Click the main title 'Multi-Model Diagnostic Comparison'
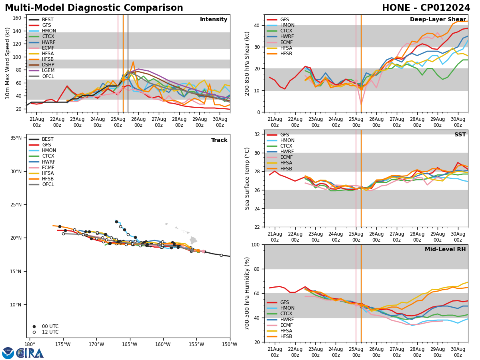[x=94, y=8]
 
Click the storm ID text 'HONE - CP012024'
[x=426, y=8]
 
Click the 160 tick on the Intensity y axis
[x=18, y=18]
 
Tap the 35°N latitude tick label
[x=16, y=138]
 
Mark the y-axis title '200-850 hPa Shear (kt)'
[x=248, y=63]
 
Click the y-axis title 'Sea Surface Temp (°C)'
[x=248, y=178]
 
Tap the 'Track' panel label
[x=219, y=140]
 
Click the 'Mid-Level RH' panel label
[x=445, y=250]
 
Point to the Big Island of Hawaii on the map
[x=193, y=240]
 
